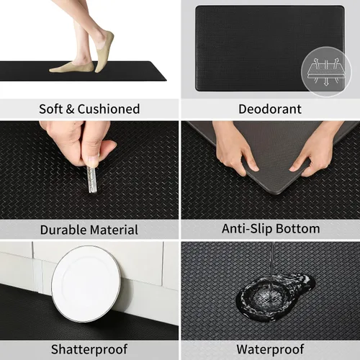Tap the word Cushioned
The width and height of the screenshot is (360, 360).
coord(109,109)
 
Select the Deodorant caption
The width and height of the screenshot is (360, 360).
coord(270,109)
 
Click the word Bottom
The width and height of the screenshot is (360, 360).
coord(298,229)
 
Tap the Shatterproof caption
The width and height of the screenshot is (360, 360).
coord(89,349)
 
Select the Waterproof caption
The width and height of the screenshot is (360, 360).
coord(270,349)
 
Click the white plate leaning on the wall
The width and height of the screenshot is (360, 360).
coord(86,283)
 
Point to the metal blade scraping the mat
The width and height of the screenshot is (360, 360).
coord(92,179)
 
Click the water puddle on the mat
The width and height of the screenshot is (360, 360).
coord(275,297)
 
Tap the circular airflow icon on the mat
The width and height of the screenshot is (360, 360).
coord(326,72)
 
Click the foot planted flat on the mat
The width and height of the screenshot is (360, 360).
coord(71,68)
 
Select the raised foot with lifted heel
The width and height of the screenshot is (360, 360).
coord(104,51)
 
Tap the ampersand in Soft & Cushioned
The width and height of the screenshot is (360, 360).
coord(70,109)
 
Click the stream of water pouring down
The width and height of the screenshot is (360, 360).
coord(272,271)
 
